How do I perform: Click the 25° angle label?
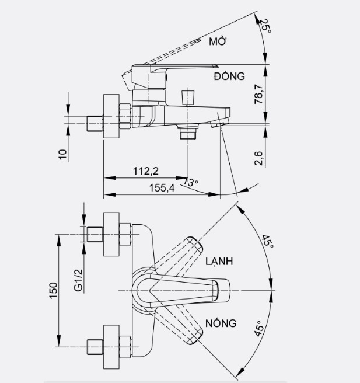pos(264,24)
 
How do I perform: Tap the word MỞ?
pos(218,41)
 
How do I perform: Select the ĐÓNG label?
pos(228,76)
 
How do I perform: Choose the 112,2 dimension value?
pos(146,171)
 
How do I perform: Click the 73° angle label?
pos(190,183)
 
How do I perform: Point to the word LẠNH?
pos(219,262)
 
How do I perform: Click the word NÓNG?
pos(221,323)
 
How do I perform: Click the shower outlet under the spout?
pos(187,134)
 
